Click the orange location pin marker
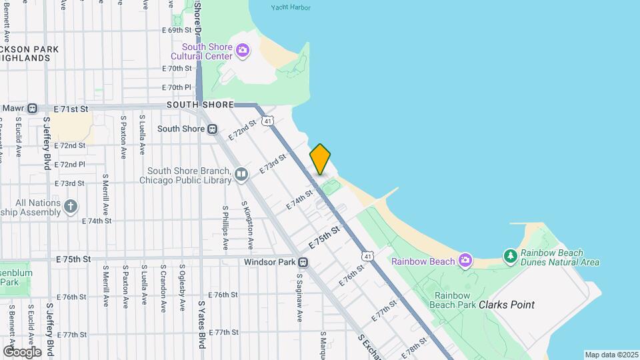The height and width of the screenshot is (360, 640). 320,159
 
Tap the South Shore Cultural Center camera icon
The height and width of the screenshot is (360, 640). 243,50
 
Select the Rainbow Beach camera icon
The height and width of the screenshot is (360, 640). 465,260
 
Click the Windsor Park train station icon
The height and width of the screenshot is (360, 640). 303,262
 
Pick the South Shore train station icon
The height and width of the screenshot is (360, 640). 212,129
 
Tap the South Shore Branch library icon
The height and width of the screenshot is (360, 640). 241,175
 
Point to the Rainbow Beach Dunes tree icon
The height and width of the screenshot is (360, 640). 510,255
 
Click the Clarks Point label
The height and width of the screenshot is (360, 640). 507,305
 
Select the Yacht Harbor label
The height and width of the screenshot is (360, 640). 291,8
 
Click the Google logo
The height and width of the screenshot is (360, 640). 22,351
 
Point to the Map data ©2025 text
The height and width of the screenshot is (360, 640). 611,355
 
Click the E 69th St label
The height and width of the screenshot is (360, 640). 177,30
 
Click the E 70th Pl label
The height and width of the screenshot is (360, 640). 177,87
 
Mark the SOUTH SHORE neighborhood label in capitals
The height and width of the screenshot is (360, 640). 200,105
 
